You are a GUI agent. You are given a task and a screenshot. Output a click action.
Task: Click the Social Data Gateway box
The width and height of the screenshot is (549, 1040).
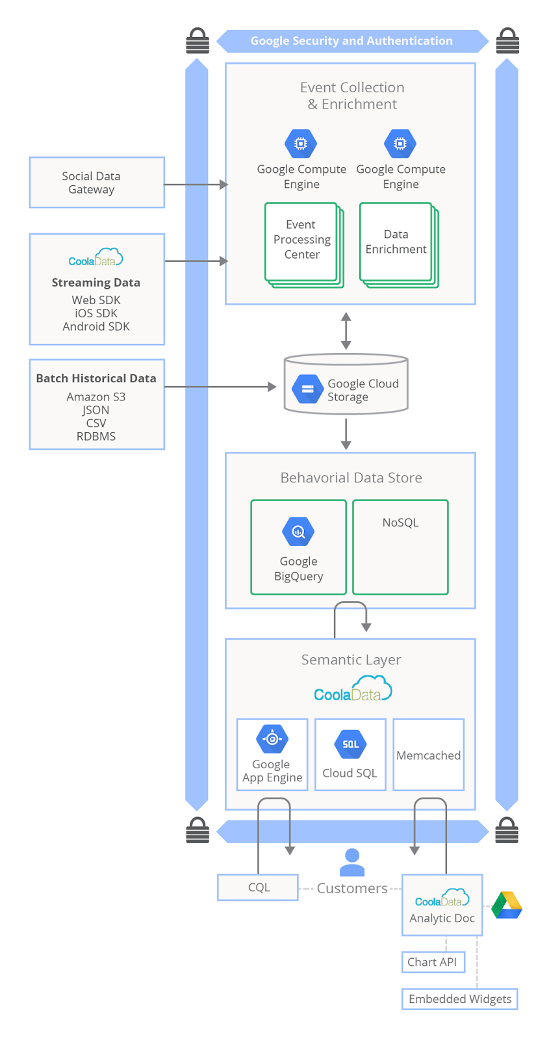[x=97, y=183]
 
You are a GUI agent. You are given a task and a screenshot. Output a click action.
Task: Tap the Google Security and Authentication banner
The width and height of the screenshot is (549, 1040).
[x=351, y=41]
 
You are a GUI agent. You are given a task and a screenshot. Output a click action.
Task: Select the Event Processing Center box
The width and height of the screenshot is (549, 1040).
[x=301, y=241]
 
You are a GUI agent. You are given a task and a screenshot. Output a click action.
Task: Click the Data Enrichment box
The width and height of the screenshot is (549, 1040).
[x=396, y=242]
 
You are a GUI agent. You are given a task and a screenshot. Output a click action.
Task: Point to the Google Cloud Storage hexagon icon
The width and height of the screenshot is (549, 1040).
[x=307, y=389]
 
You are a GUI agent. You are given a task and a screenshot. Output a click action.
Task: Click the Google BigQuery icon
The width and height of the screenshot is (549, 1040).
[x=298, y=532]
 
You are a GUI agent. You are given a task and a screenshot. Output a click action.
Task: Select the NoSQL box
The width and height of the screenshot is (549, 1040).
[x=400, y=547]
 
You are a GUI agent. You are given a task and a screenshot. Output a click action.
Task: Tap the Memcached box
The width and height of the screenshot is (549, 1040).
[x=428, y=755]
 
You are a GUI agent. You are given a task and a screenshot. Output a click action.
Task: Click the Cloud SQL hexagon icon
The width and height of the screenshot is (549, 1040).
[x=350, y=744]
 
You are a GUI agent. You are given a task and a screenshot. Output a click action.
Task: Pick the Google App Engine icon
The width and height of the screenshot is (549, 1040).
[x=272, y=738]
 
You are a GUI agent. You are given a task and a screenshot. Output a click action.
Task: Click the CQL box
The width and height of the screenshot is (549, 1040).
[x=258, y=887]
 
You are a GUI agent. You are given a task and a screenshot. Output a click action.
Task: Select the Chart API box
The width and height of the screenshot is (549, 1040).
[x=433, y=962]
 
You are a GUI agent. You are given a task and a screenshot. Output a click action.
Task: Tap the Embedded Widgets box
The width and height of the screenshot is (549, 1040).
[x=459, y=999]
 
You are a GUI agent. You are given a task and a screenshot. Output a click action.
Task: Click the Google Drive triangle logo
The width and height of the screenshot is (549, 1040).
[x=507, y=905]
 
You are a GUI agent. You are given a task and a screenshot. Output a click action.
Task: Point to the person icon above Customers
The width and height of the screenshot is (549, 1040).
[x=352, y=863]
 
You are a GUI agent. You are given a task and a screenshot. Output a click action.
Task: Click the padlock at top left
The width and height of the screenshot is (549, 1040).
[x=198, y=41]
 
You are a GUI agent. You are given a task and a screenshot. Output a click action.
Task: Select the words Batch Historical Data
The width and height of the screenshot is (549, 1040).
[x=96, y=378]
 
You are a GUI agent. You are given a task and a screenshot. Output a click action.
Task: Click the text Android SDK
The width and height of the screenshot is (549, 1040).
[x=96, y=326]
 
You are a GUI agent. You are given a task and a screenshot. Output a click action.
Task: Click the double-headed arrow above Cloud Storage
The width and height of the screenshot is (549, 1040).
[x=346, y=330]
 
